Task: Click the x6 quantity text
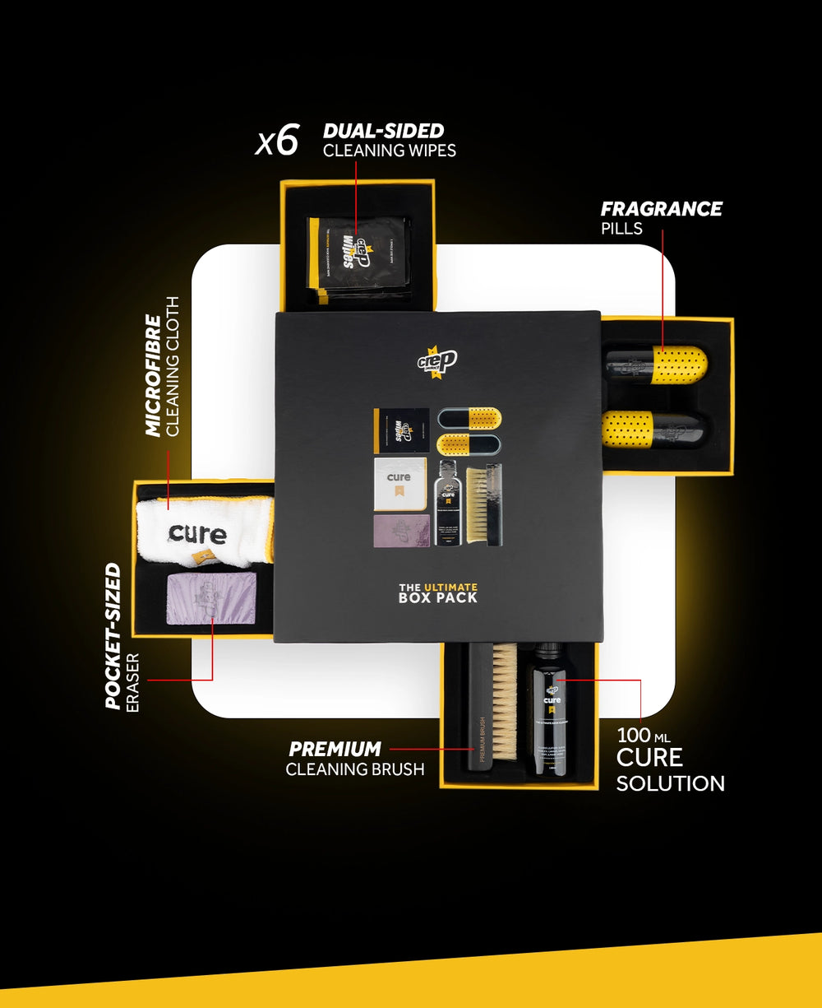point(277,140)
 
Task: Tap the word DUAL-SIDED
point(383,131)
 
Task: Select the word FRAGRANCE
point(661,209)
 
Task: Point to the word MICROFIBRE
point(153,374)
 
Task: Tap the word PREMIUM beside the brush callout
point(335,749)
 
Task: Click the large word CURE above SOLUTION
point(649,756)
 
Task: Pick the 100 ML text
point(643,735)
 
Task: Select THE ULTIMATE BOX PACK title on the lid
point(437,592)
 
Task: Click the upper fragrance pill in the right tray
point(657,363)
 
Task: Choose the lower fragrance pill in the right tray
point(655,429)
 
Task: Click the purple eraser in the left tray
point(211,598)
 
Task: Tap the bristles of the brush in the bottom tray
point(505,699)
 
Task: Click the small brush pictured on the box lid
point(483,503)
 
